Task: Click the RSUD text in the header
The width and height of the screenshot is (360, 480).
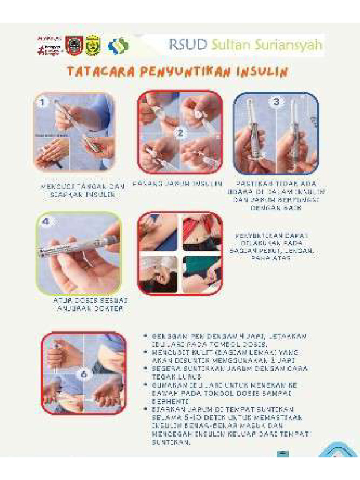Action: click(x=187, y=45)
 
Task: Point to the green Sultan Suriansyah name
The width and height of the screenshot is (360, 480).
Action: click(x=266, y=45)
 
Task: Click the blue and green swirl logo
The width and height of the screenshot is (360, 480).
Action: click(x=118, y=46)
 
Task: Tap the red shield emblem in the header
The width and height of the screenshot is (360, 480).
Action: click(x=74, y=45)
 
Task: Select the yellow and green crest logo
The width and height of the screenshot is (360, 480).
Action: click(x=93, y=45)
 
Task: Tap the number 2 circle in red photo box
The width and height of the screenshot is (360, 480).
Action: click(x=180, y=132)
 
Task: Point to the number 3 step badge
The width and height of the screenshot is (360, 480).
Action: click(x=276, y=102)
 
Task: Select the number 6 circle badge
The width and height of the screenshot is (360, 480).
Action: click(x=83, y=375)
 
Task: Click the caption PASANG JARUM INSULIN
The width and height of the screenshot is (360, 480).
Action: click(x=177, y=183)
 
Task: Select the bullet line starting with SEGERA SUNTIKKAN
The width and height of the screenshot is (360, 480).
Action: click(x=227, y=373)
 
